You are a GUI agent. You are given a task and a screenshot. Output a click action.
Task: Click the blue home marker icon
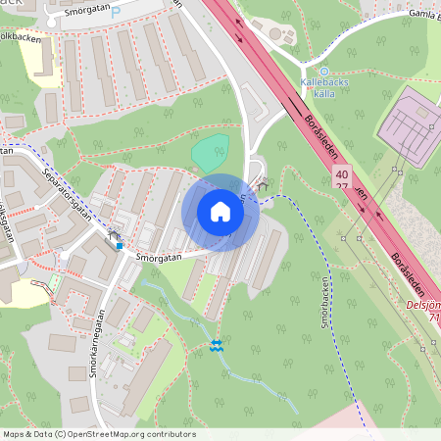point(220,212)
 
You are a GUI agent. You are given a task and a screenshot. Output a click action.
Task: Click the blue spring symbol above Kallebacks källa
point(324,71)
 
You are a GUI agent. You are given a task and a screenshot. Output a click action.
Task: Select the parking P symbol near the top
point(115,13)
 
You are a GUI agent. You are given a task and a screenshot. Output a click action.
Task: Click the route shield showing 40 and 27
point(340,178)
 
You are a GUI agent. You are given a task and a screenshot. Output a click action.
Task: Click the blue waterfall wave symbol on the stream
point(216,345)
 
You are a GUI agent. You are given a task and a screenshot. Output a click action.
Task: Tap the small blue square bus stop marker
point(120,245)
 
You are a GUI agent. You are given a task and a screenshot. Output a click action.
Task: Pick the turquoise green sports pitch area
point(210,153)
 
